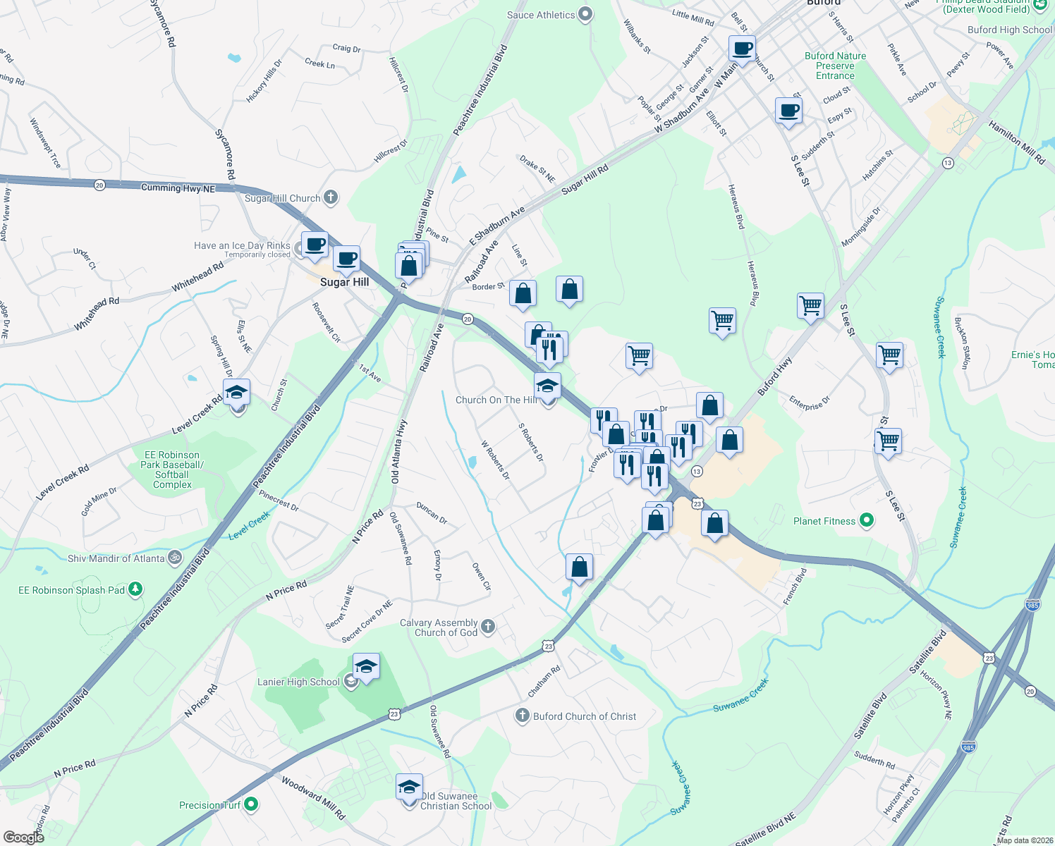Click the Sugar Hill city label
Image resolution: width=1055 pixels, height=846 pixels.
344,282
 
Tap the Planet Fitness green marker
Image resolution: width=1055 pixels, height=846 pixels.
867,521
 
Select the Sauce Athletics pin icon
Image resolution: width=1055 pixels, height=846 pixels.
585,14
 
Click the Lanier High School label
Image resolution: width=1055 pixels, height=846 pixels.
298,682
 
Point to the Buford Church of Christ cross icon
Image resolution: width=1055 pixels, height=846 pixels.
522,716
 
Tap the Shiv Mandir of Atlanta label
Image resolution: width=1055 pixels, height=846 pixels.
116,558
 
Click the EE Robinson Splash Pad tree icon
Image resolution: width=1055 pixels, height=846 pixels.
135,589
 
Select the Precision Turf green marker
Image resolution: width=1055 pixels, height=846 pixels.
250,804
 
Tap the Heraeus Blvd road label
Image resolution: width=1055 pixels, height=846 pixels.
736,207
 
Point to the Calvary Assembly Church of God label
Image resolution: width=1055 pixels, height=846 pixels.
439,627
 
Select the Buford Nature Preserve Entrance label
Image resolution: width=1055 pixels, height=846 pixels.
835,66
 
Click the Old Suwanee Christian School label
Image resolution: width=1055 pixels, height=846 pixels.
456,801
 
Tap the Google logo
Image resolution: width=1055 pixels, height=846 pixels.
23,837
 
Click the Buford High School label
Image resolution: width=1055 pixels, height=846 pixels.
1009,30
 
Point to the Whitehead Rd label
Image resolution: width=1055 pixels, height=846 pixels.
197,277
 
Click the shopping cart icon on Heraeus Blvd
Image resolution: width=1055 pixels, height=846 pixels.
723,321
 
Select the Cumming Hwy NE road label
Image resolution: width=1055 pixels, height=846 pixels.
178,188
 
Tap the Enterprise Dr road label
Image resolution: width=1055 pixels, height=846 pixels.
810,403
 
